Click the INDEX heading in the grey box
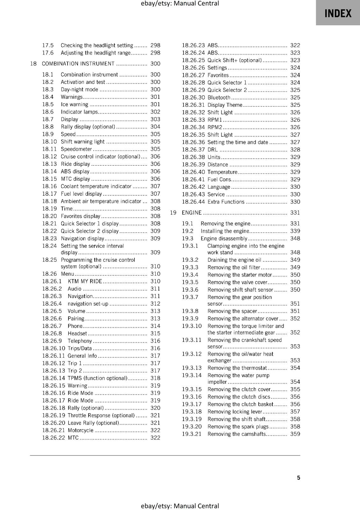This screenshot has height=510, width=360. coord(338,13)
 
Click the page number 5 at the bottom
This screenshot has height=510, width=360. coord(299,477)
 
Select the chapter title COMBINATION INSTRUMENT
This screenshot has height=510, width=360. coord(78,64)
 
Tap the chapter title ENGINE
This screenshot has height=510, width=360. coord(192,213)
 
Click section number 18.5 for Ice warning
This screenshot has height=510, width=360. coord(48,104)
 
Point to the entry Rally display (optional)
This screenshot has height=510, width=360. coord(88,127)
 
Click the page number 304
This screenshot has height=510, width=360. coord(155,127)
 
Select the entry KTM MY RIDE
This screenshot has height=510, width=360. coord(85,281)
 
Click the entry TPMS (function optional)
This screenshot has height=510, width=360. coord(97,378)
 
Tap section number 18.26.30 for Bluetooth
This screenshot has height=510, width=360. coord(193,98)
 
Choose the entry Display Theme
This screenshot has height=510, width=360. coord(225,105)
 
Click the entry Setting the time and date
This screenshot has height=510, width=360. coord(238,142)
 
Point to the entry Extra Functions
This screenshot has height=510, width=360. coord(226,202)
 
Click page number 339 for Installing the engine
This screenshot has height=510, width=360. coord(295,231)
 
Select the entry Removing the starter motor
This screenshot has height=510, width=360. coord(240,275)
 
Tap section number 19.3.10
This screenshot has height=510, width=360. coord(192,326)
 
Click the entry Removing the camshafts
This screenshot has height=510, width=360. coord(236,434)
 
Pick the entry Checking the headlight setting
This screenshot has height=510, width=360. coord(97,45)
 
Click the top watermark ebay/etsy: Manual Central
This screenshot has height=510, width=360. coord(180,4)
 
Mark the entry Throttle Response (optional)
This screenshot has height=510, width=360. coord(101,415)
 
